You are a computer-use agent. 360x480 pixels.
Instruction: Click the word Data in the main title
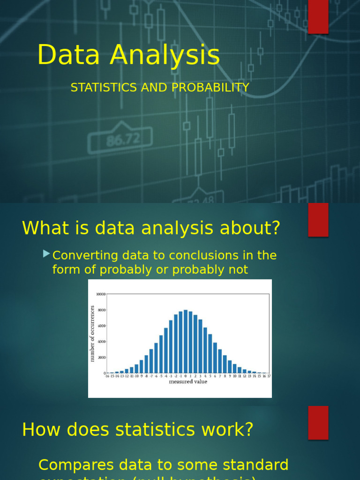[x=68, y=55]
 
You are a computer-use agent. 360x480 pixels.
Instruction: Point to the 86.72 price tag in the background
[x=123, y=139]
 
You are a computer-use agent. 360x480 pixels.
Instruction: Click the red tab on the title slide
[x=318, y=17]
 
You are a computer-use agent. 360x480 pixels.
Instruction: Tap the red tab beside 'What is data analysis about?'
[x=318, y=220]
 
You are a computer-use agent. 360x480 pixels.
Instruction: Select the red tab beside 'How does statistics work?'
[x=318, y=422]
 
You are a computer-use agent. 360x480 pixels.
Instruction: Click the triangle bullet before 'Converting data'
[x=46, y=254]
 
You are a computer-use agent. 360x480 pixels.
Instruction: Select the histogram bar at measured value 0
[x=186, y=342]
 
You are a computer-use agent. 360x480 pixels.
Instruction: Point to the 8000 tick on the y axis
[x=101, y=310]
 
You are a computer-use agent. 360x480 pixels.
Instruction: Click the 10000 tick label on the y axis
[x=100, y=294]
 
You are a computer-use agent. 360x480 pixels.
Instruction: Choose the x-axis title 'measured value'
[x=187, y=382]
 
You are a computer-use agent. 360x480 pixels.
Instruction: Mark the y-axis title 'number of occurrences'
[x=92, y=333]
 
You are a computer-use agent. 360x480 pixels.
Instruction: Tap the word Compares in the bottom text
[x=76, y=465]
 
